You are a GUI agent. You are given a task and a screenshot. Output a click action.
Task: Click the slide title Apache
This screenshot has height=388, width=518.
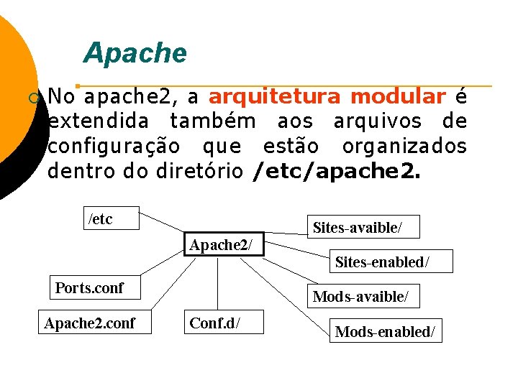click(x=135, y=52)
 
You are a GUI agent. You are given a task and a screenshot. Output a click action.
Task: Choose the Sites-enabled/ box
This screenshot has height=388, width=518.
click(x=392, y=262)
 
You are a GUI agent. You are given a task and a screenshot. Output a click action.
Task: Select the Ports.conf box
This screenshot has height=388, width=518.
click(x=90, y=288)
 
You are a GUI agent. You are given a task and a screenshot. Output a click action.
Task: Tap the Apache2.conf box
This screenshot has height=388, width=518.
click(x=89, y=323)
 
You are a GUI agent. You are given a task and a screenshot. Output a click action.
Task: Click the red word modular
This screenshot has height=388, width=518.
click(x=399, y=97)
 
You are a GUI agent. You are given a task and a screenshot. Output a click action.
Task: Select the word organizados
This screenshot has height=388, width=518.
click(x=404, y=146)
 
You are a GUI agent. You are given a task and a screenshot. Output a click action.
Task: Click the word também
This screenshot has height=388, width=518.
click(x=212, y=121)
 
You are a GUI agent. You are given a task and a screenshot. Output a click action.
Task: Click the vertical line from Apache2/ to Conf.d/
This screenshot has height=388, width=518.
click(x=217, y=284)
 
